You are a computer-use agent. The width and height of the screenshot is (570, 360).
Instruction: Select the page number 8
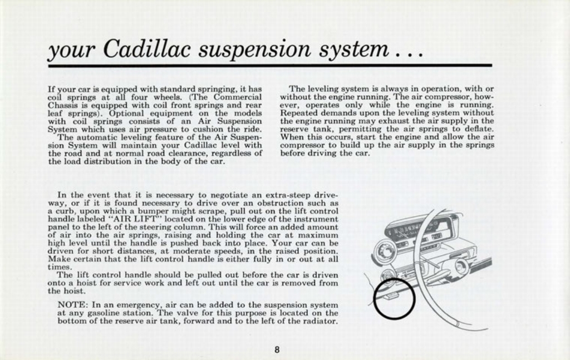[x=277, y=349]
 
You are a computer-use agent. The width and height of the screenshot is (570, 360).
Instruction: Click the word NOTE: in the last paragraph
[x=72, y=305]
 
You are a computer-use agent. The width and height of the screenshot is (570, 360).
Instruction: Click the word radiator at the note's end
[x=319, y=321]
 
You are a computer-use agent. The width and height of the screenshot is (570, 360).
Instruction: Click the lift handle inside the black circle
[x=392, y=295]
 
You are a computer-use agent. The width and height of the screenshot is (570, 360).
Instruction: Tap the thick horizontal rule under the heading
[x=270, y=66]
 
